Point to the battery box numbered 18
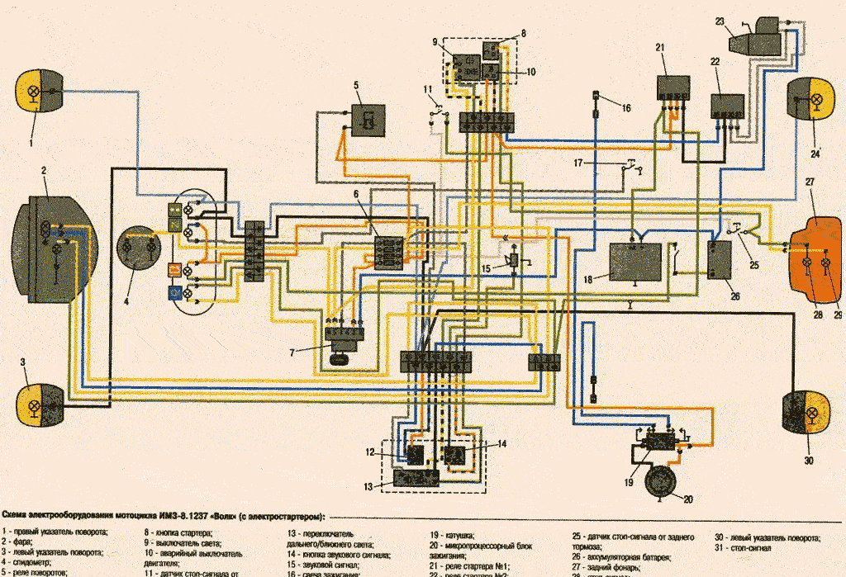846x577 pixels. pos(635,262)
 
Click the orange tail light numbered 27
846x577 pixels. pos(818,252)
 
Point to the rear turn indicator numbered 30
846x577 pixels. pos(805,412)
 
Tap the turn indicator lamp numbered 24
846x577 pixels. pos(810,98)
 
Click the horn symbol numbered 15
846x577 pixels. pos(514,260)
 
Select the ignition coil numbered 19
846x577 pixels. pos(659,441)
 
